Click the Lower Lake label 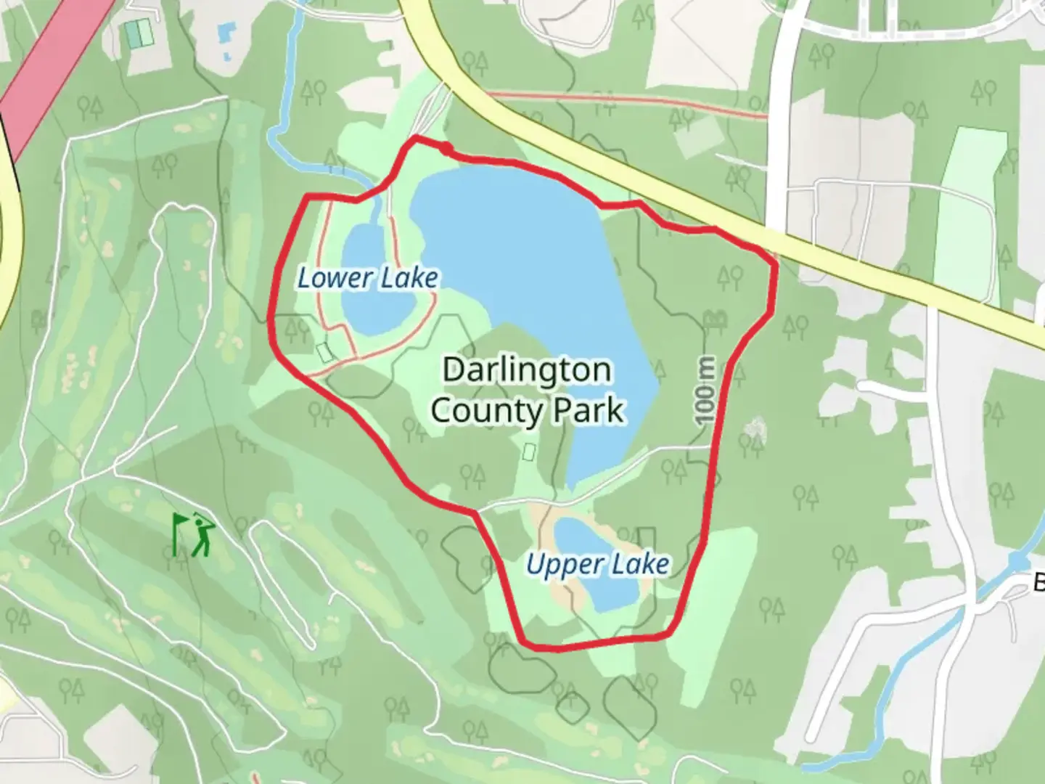coord(368,278)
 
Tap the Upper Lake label coord(597,564)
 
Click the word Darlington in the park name coord(527,369)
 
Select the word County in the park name coord(486,411)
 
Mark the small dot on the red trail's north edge coord(446,149)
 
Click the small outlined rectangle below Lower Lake coord(325,351)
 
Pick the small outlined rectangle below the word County coord(529,452)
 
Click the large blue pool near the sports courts coord(226,31)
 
